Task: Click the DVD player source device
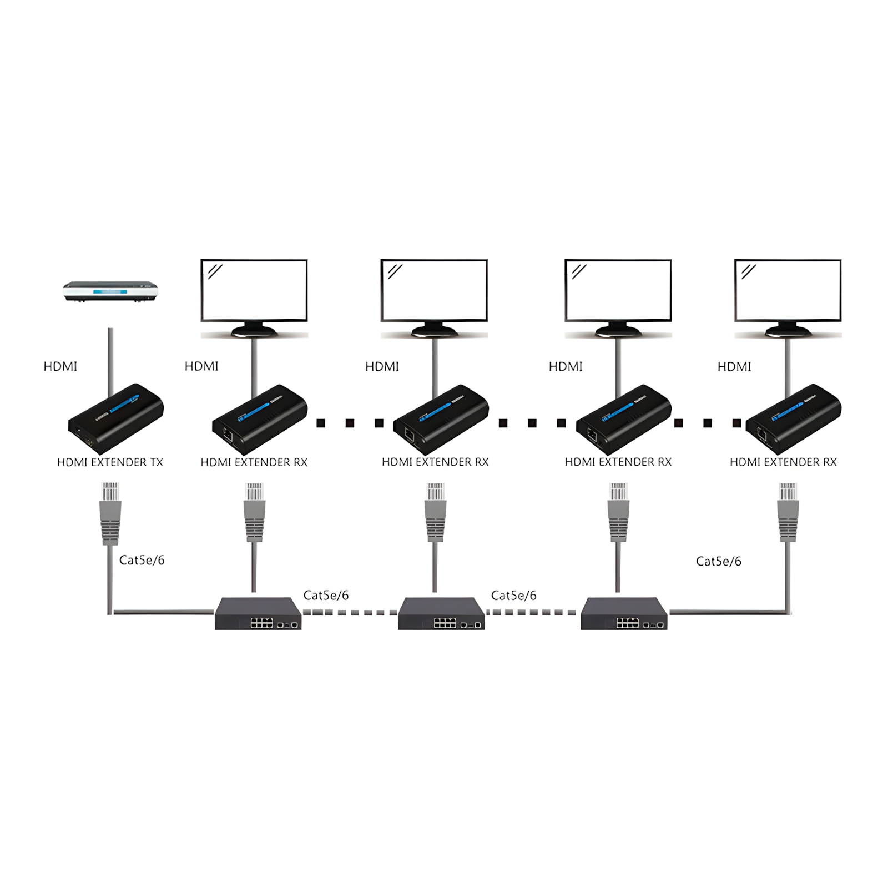click(x=110, y=291)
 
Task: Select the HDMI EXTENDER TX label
click(x=110, y=462)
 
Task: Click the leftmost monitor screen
click(x=254, y=290)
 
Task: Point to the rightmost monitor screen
click(x=788, y=290)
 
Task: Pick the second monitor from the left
click(x=434, y=290)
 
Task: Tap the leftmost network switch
click(x=258, y=613)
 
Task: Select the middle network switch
click(x=441, y=613)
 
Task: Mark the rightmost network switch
click(x=624, y=613)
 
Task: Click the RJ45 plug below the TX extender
click(x=110, y=513)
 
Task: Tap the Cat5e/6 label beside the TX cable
click(x=142, y=560)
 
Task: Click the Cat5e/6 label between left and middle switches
click(x=326, y=595)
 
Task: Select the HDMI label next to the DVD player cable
click(x=60, y=366)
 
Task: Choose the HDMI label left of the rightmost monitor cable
click(x=734, y=366)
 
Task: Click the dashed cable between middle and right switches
click(x=532, y=612)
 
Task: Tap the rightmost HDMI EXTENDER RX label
click(x=783, y=462)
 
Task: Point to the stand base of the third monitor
click(x=618, y=331)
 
